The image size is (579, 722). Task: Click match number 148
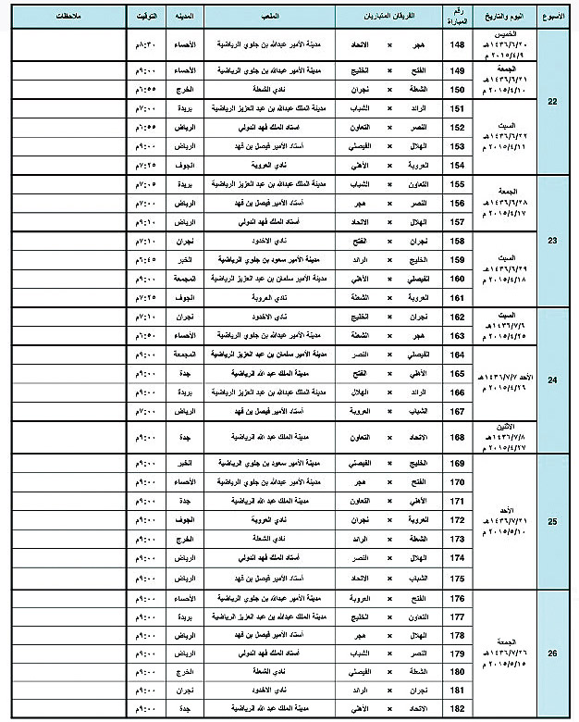click(456, 44)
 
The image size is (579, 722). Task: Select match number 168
click(456, 434)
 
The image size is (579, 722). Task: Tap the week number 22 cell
click(552, 100)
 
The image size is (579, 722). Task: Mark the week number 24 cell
click(552, 380)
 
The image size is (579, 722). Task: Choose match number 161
click(456, 298)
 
